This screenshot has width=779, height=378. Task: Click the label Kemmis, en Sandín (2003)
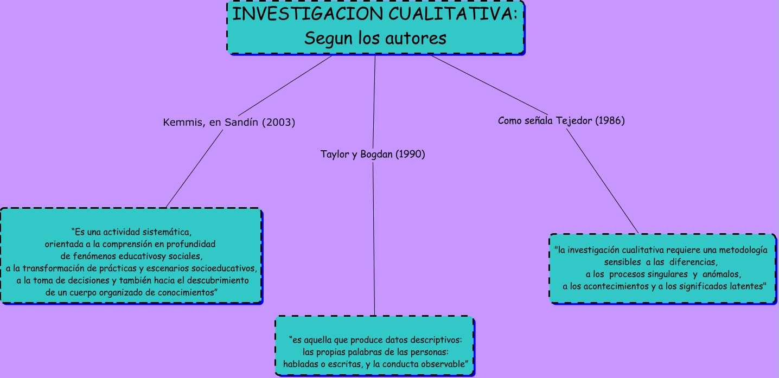click(229, 123)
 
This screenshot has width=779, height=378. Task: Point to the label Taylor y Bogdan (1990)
click(373, 155)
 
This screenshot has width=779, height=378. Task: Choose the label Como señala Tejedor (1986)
click(561, 120)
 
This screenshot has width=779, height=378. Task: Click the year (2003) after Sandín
click(278, 123)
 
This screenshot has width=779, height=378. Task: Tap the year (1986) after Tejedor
click(610, 120)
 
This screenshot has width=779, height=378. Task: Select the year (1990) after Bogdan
click(410, 155)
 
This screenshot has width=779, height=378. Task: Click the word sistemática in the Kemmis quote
click(167, 233)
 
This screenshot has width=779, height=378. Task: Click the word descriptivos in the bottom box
click(432, 340)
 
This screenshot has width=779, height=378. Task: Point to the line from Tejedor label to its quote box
click(603, 182)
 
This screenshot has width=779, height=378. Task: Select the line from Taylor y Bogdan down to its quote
click(374, 239)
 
